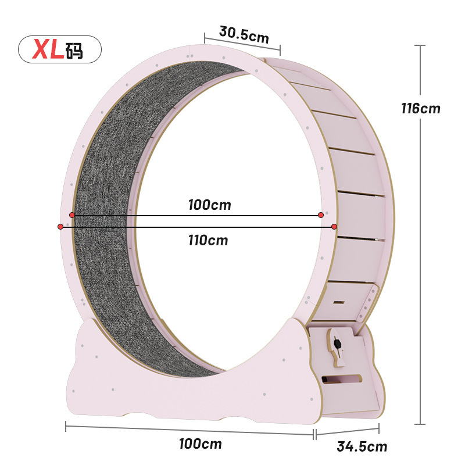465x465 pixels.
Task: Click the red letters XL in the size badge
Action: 48,49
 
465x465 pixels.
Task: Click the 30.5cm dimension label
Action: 244,35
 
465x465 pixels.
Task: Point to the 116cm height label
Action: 420,108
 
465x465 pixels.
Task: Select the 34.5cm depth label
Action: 362,446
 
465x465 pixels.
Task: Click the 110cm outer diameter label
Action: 208,240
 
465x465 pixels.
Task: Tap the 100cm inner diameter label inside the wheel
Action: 210,205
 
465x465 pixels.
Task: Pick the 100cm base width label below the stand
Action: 201,443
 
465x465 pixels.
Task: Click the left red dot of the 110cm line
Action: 60,227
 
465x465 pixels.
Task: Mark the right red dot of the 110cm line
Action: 334,227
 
